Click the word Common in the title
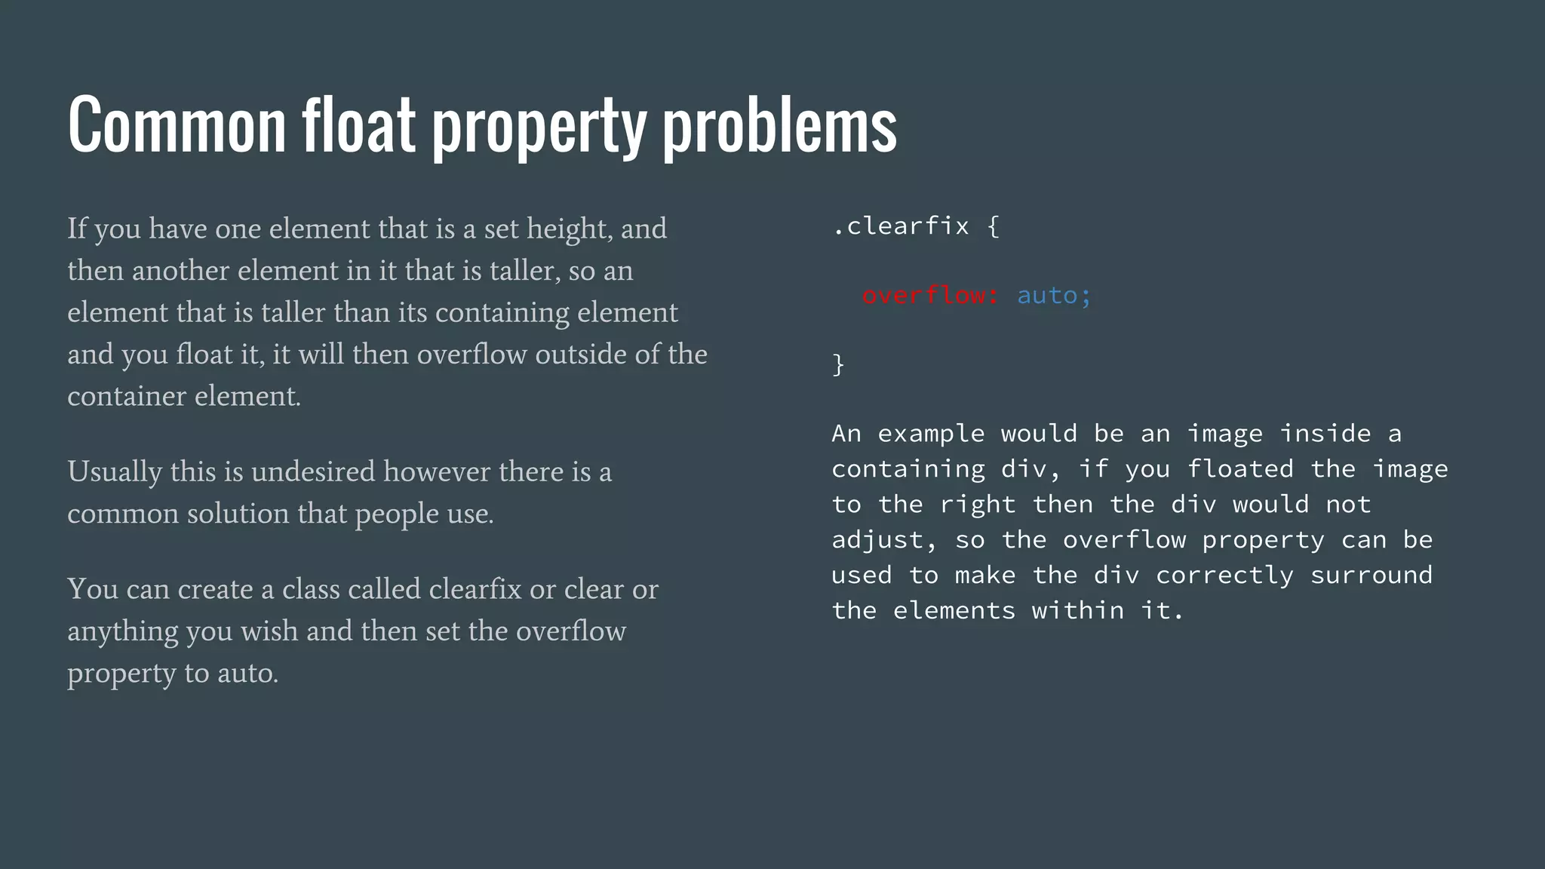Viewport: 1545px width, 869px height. [177, 124]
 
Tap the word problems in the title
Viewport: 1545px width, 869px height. [779, 124]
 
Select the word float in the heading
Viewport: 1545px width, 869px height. [359, 124]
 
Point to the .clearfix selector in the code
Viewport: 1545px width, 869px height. [901, 226]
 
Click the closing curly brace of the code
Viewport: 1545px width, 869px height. [838, 364]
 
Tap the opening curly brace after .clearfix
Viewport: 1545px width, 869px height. [994, 226]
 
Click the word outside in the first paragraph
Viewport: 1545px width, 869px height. [580, 355]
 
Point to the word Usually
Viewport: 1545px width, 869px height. [115, 472]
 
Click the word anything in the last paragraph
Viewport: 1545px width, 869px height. [122, 631]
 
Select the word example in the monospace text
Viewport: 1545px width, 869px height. [931, 434]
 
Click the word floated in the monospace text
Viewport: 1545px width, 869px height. [1240, 469]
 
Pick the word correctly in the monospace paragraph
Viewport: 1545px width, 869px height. [1224, 576]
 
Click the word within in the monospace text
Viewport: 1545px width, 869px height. [1077, 611]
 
